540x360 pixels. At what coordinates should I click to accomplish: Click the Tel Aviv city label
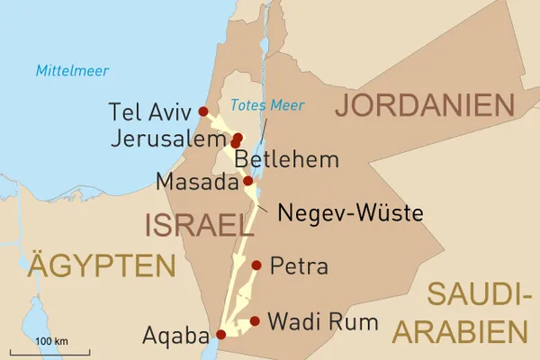[149, 112]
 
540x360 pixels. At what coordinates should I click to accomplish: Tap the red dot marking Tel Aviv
[203, 112]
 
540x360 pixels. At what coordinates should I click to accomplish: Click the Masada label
[197, 183]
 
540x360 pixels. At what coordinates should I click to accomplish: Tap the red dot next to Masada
[248, 181]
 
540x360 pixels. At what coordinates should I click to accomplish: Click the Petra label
[299, 266]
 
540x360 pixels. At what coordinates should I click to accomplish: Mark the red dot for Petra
[257, 265]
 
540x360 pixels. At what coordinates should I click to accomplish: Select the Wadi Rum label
[322, 321]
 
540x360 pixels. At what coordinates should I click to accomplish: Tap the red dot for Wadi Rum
[256, 320]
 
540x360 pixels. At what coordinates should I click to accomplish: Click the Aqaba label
[175, 336]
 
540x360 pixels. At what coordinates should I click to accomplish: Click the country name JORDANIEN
[424, 105]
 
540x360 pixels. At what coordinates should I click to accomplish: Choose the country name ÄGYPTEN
[101, 265]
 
